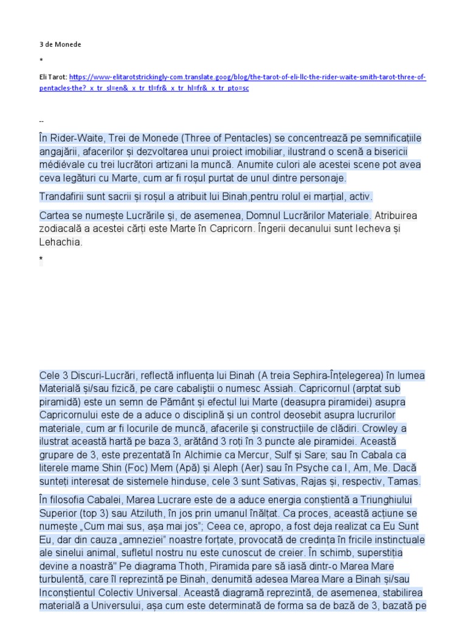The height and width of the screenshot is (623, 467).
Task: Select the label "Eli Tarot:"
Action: [53, 78]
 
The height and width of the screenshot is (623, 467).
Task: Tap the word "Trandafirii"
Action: [64, 197]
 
